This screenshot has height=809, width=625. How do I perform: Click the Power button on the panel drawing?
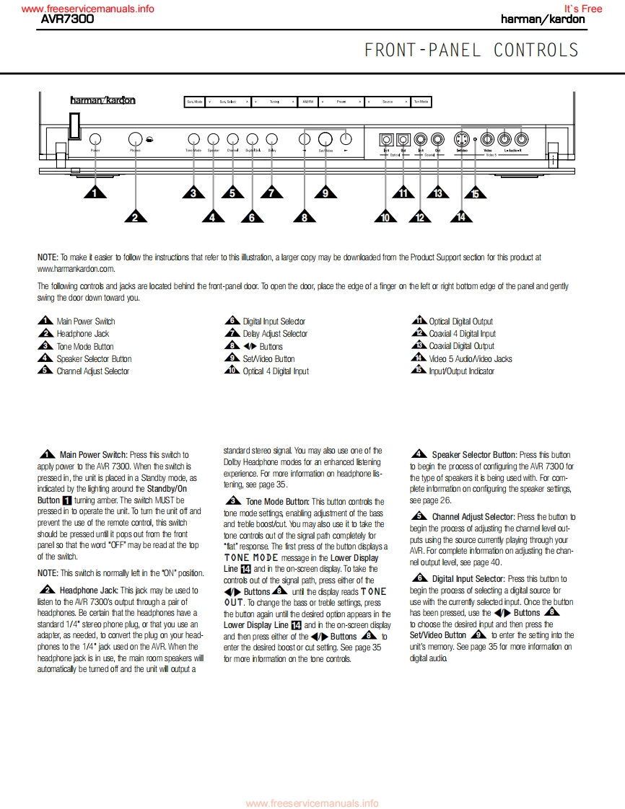click(95, 138)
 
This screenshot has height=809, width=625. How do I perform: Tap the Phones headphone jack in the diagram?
click(135, 138)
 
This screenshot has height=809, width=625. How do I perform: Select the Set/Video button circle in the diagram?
click(325, 138)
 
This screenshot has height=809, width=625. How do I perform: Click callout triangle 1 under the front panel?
click(95, 193)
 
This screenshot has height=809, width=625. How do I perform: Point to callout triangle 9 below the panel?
click(325, 193)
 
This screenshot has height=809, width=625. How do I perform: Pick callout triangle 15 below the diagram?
click(475, 193)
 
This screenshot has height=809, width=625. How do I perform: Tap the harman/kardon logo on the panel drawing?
click(102, 101)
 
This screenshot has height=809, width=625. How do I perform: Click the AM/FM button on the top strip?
click(307, 102)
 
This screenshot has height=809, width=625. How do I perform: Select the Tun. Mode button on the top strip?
click(420, 102)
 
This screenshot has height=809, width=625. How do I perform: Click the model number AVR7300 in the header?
click(67, 19)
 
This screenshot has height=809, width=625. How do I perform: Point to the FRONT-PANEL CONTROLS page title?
click(471, 50)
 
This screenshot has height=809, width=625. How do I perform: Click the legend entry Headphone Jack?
click(83, 334)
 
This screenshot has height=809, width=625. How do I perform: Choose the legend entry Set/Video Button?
click(268, 358)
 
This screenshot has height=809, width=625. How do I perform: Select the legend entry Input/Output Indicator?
click(462, 371)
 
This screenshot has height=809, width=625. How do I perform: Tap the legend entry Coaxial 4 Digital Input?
click(462, 334)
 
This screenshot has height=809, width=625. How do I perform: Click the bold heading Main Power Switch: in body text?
click(94, 455)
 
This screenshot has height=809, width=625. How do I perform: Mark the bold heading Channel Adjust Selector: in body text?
click(473, 517)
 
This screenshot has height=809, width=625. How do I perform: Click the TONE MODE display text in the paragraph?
click(251, 558)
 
